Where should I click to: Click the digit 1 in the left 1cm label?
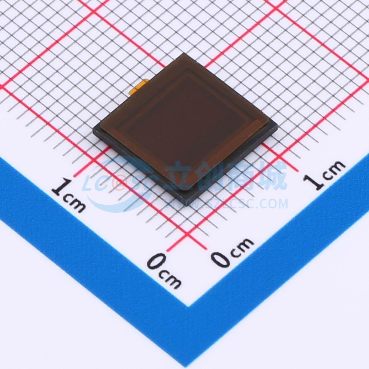[60, 187]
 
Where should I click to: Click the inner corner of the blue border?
[188, 306]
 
